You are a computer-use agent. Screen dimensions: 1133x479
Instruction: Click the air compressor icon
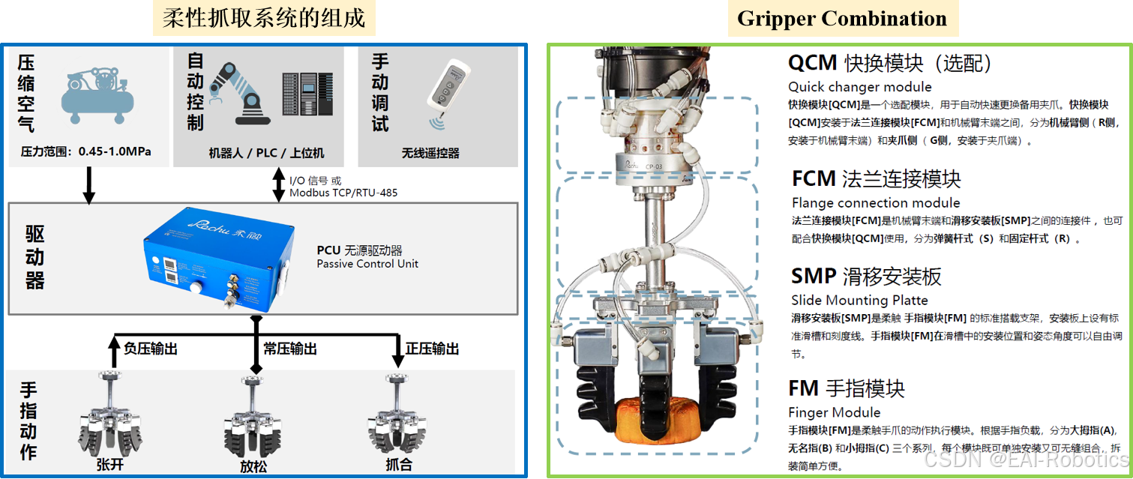97,95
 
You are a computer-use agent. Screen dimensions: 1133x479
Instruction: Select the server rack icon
307,94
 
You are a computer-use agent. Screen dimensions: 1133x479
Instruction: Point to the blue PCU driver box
218,259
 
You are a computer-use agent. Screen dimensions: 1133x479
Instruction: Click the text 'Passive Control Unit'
367,264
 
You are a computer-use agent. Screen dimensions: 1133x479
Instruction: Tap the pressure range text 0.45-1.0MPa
115,151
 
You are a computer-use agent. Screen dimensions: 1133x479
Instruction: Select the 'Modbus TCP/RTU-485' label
343,193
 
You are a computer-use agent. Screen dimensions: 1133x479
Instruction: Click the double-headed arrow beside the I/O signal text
279,184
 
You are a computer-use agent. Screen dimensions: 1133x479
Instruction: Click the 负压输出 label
151,349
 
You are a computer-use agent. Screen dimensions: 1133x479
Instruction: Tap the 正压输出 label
432,349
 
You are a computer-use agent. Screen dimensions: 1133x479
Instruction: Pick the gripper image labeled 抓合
397,415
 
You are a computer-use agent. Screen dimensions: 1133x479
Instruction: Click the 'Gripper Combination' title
842,19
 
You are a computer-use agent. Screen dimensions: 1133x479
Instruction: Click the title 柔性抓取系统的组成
264,18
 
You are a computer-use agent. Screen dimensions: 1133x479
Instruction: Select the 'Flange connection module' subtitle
876,203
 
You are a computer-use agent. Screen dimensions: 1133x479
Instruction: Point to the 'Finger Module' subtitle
834,412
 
